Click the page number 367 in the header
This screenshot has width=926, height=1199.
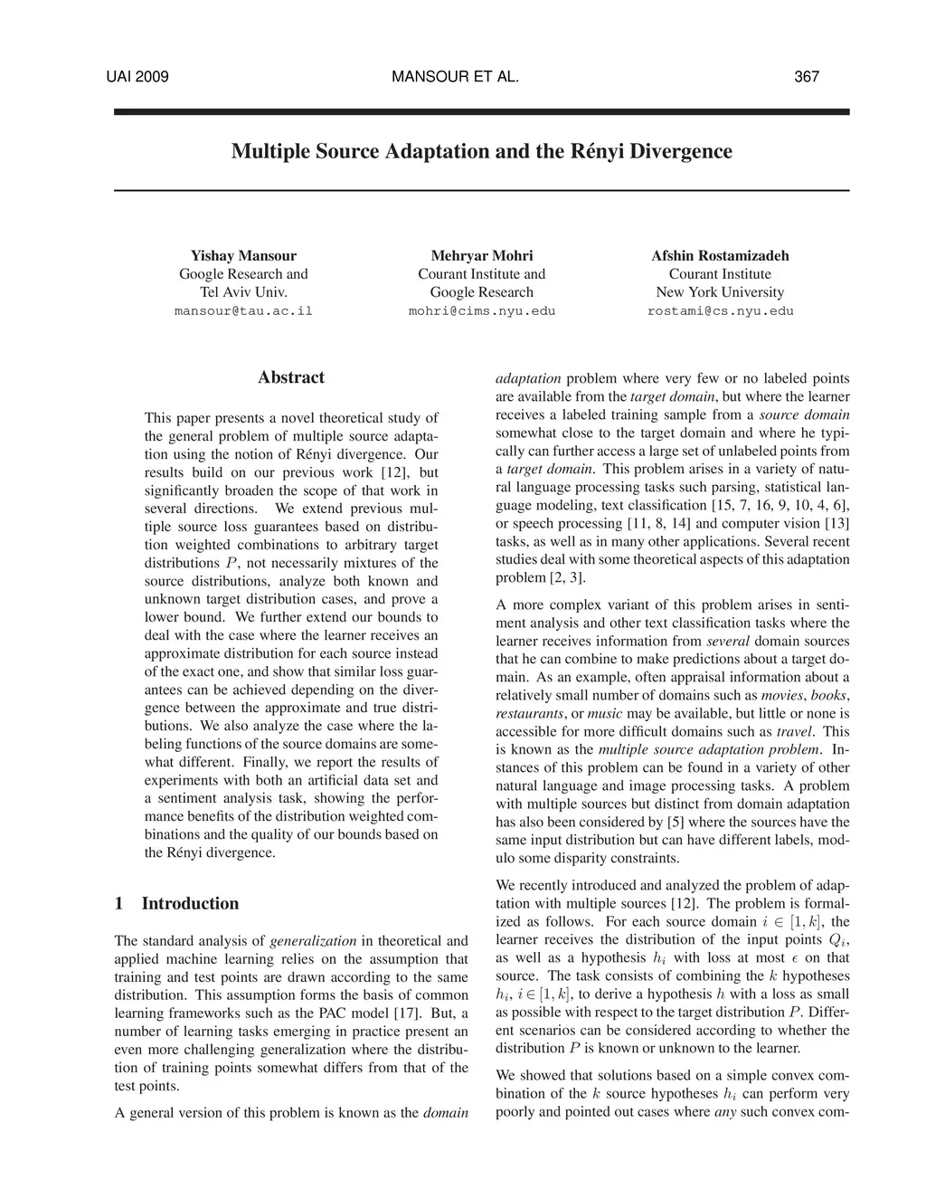(806, 77)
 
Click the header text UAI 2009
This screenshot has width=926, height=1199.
(137, 77)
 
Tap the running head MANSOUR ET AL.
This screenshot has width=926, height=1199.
(456, 77)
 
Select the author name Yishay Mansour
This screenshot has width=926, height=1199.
(243, 256)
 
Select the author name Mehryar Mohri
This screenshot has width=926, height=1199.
(482, 256)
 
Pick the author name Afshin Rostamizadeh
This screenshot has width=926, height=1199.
(720, 256)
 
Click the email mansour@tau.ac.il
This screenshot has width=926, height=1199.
(243, 311)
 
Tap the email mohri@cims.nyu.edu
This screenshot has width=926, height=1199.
(482, 311)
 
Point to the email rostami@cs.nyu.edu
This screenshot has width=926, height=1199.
(720, 311)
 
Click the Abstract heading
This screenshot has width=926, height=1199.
(291, 378)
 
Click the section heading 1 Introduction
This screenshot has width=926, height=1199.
(177, 904)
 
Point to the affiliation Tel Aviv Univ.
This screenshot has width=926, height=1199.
(243, 292)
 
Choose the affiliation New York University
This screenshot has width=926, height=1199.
(720, 292)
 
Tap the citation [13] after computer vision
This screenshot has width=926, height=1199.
(836, 523)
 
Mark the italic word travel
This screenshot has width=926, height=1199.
(795, 731)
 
